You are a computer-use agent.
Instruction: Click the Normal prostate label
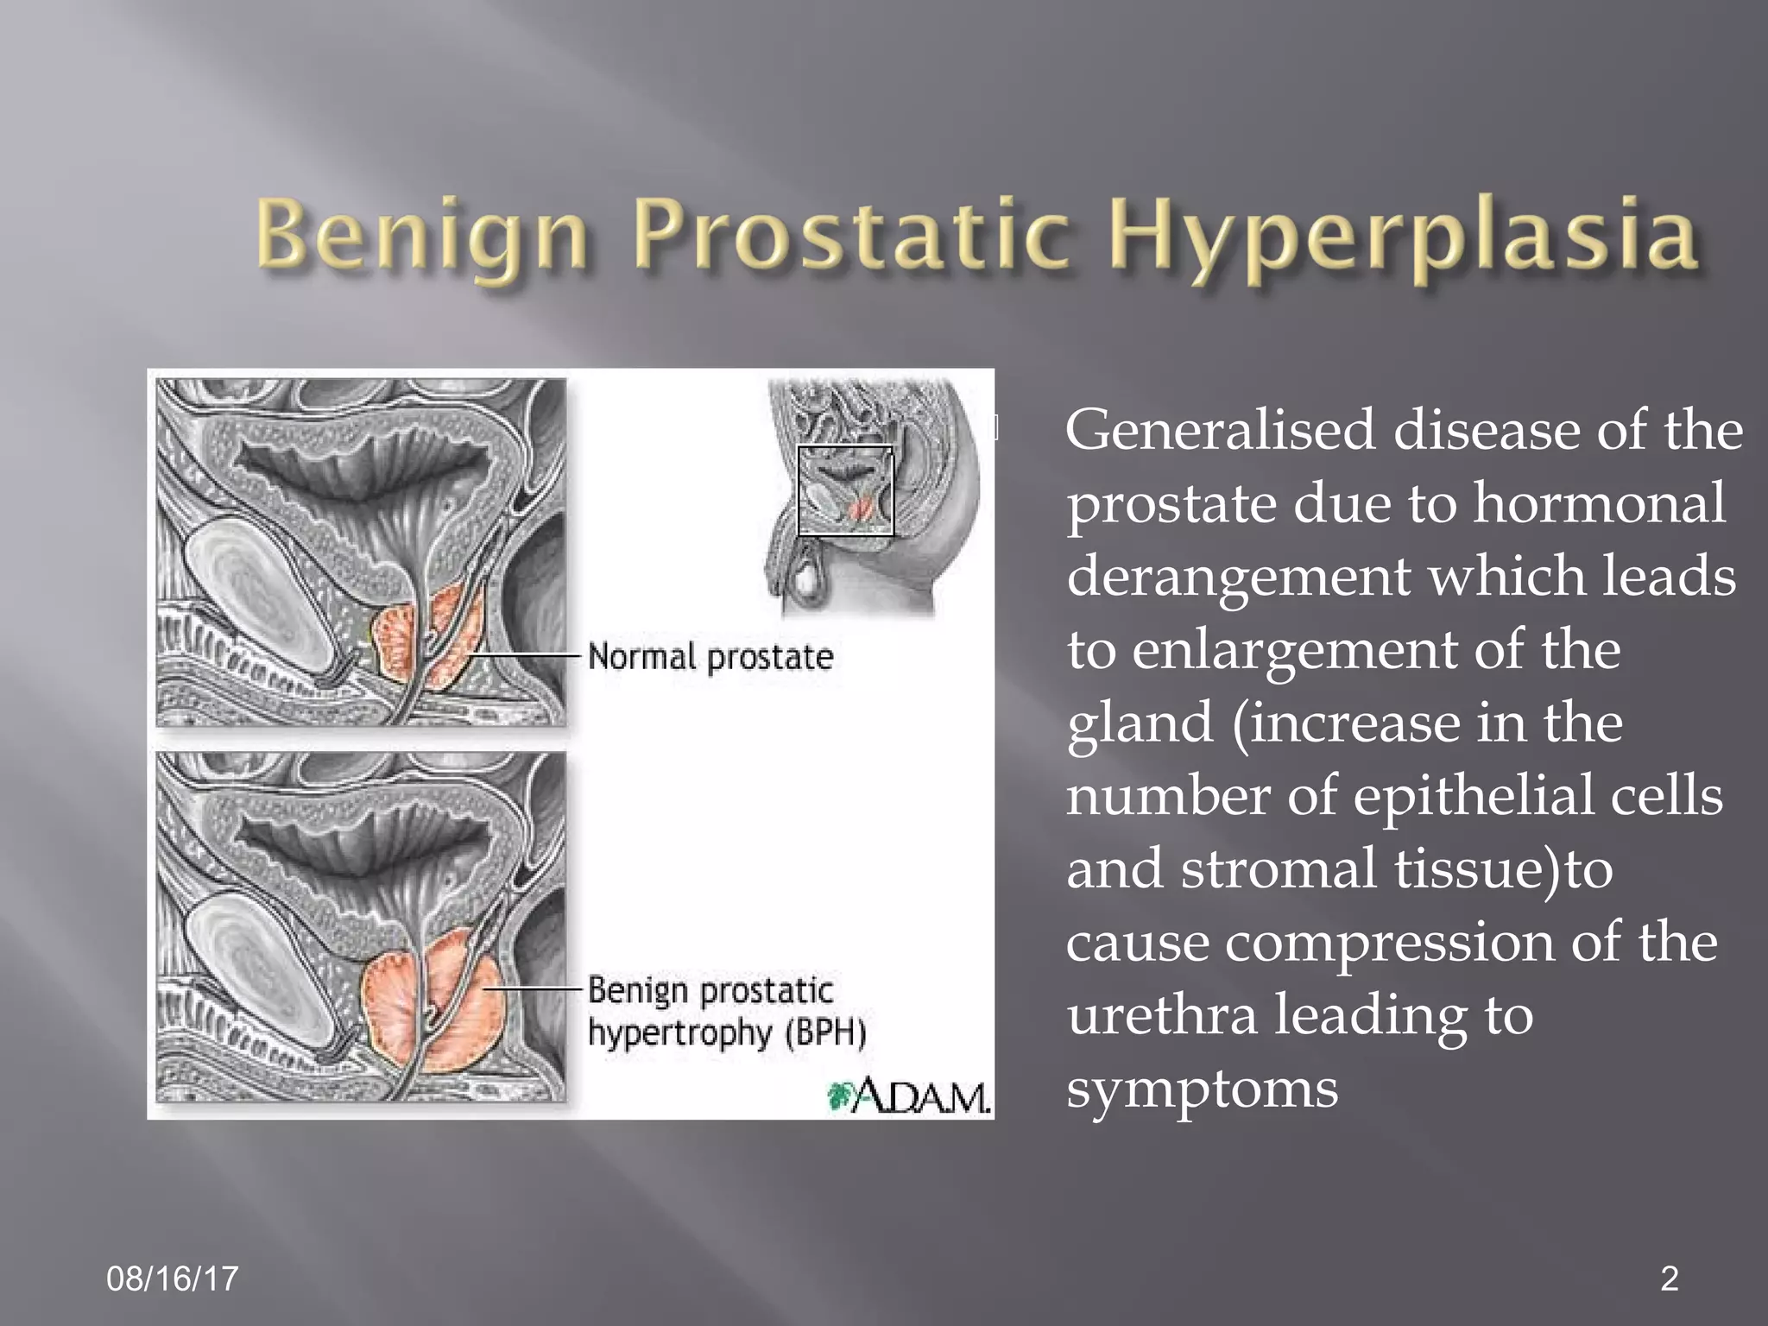coord(710,657)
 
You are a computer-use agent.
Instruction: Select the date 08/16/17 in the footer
coord(173,1279)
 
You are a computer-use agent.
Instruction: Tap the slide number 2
coord(1670,1279)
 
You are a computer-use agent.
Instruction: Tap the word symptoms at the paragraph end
coord(1202,1089)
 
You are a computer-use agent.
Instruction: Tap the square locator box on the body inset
coord(845,490)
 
